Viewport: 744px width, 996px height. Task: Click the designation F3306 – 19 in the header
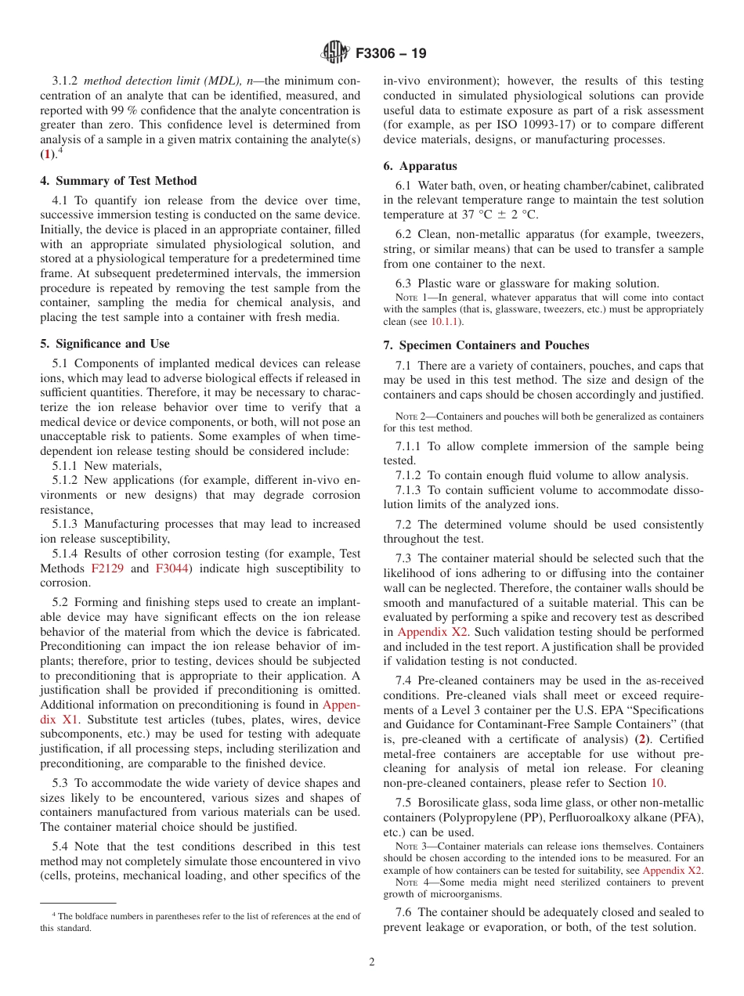(x=391, y=54)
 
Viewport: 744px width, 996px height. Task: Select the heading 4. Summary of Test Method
(x=118, y=181)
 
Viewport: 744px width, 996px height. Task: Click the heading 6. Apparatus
(x=420, y=166)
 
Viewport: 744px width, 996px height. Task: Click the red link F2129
(x=107, y=568)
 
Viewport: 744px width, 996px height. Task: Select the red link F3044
(x=171, y=568)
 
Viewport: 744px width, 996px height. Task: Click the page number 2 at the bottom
(x=372, y=962)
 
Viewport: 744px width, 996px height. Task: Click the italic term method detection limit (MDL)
(x=163, y=81)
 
